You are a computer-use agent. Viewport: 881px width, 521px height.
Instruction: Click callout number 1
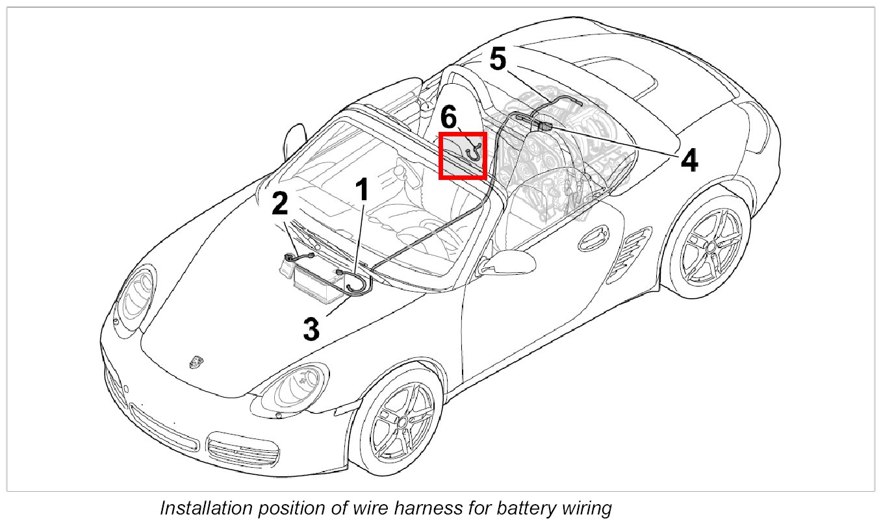tap(362, 190)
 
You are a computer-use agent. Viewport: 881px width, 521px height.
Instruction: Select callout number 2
tap(280, 205)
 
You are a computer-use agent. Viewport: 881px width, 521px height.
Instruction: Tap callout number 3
tap(312, 329)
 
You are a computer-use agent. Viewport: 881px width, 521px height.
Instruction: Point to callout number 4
tap(689, 160)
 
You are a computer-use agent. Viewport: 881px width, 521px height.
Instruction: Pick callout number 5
tap(497, 60)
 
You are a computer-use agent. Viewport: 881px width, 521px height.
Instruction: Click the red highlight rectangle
tap(463, 155)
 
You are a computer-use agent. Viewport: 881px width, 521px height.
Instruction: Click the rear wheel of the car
tap(711, 246)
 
